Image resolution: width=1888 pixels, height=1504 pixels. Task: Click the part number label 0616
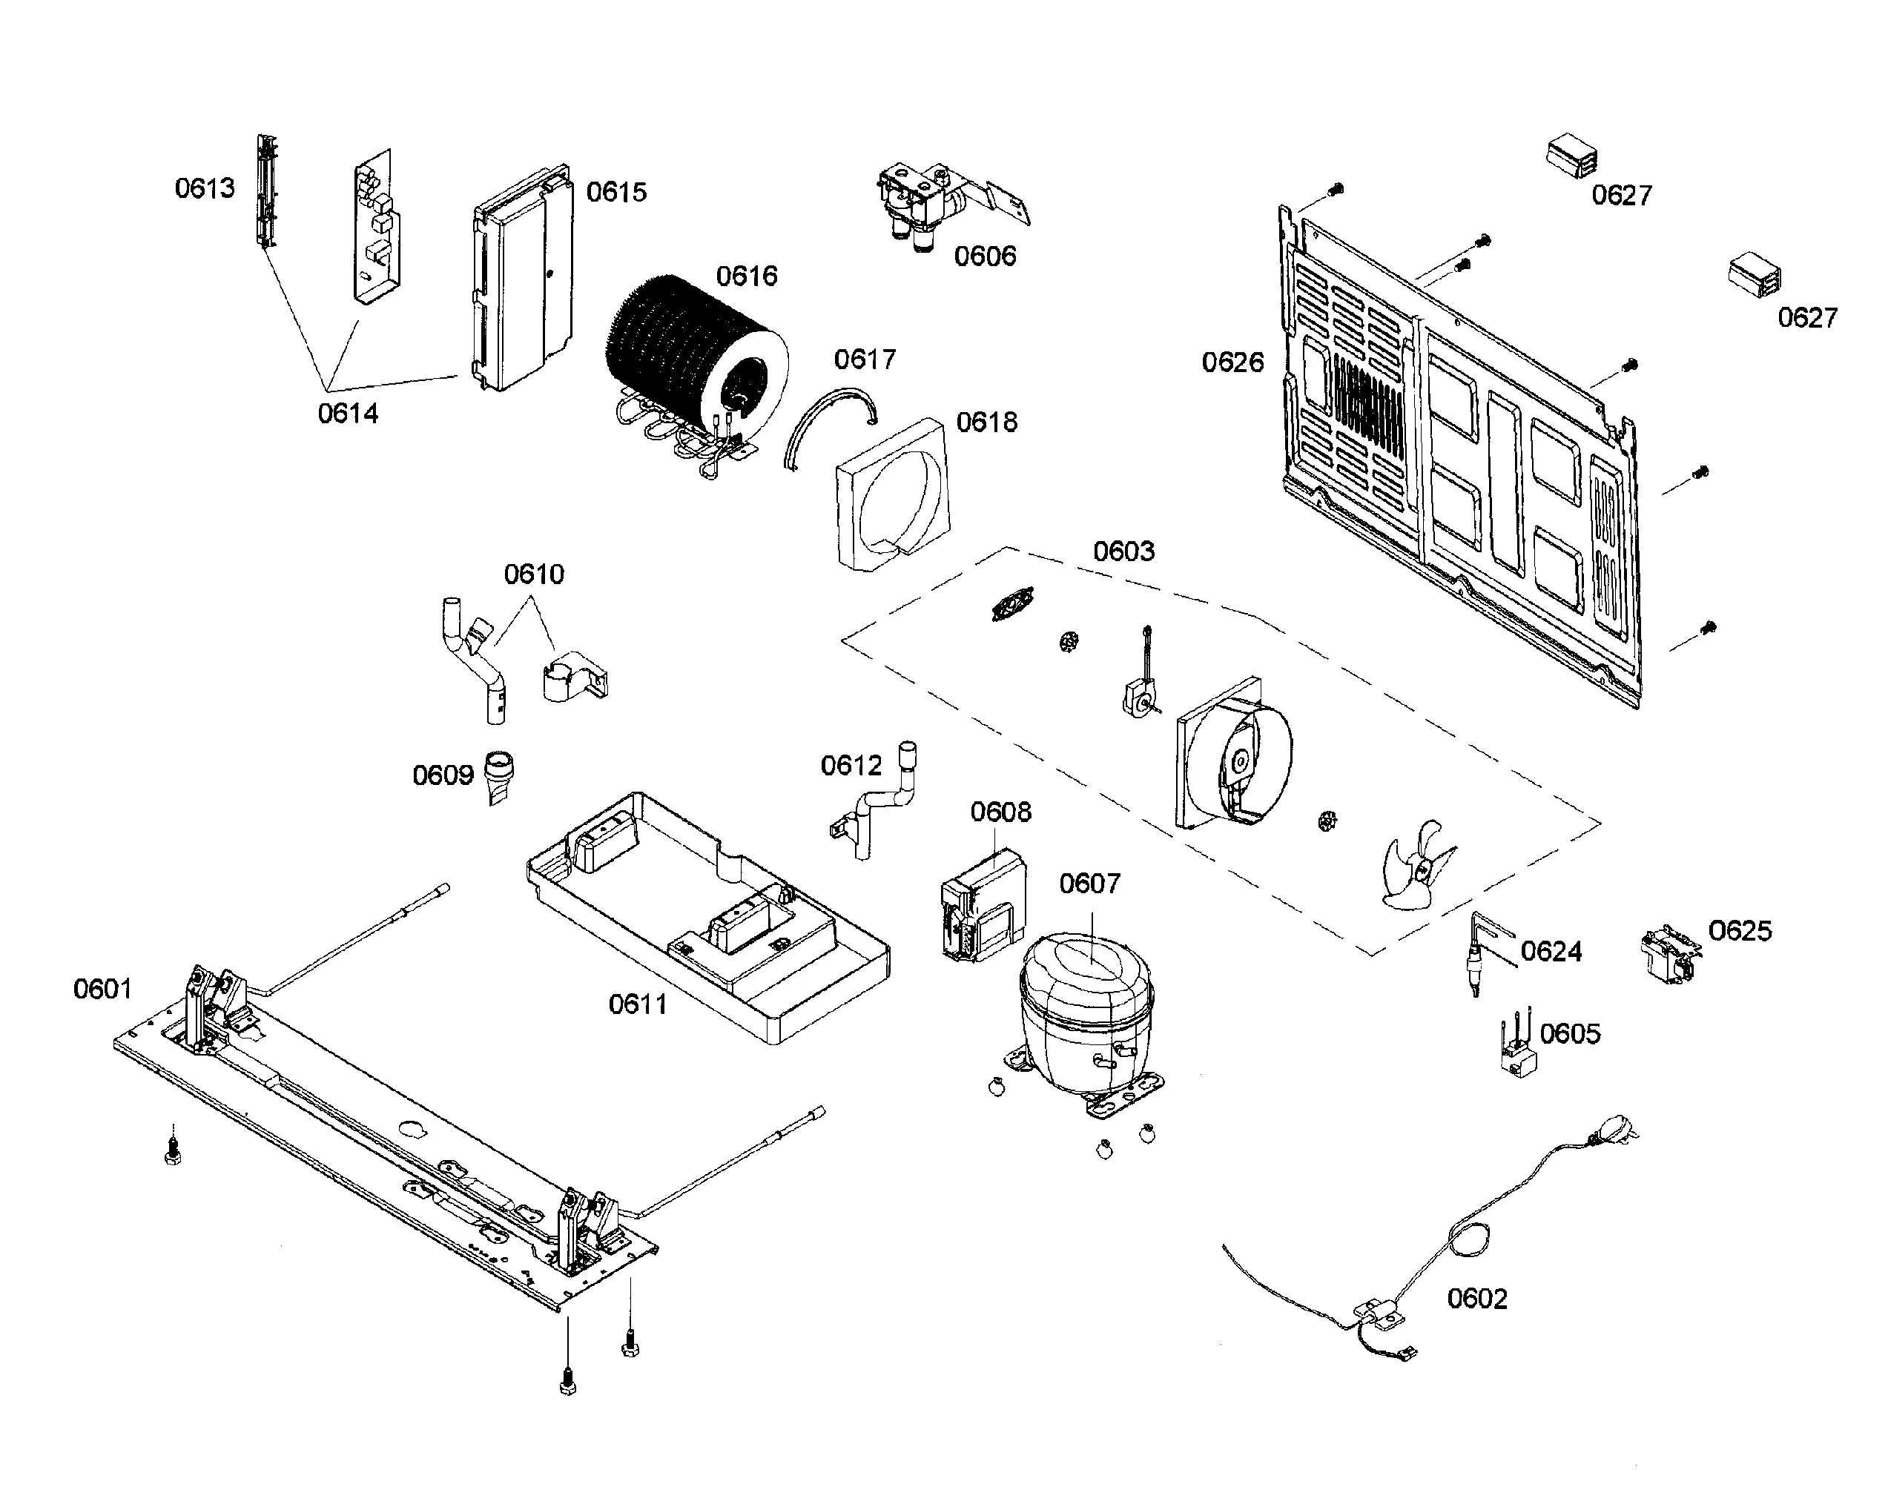[746, 276]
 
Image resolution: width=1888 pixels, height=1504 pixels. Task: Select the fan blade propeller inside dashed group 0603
[1414, 867]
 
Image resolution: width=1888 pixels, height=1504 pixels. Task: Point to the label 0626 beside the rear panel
[1232, 362]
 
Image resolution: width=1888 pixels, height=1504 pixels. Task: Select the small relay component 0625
[1668, 955]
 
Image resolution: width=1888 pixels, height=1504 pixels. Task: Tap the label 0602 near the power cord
[1476, 1298]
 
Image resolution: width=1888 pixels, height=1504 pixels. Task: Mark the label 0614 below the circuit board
[348, 413]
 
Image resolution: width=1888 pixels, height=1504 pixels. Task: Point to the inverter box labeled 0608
[981, 906]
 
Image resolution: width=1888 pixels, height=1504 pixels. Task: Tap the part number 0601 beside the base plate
[102, 990]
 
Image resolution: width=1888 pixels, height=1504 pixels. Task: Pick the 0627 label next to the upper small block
[1621, 195]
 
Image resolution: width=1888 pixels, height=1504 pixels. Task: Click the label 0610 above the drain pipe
[533, 575]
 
